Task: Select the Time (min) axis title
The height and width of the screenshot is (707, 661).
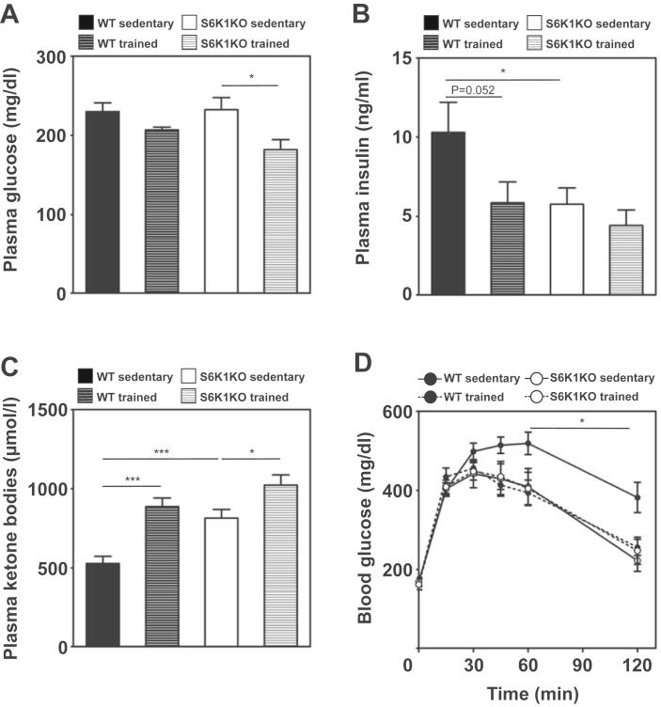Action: point(527,695)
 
